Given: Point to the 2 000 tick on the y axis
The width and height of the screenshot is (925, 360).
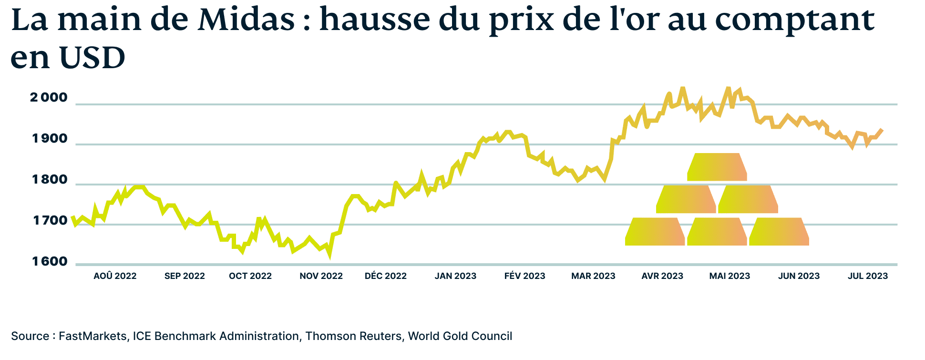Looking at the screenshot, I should tap(49, 98).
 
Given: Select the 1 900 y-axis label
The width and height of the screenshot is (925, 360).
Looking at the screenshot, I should tap(50, 139).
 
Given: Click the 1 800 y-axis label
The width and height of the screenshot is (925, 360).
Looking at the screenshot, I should tap(50, 180).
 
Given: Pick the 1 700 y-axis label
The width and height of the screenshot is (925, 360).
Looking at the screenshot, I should tap(50, 221).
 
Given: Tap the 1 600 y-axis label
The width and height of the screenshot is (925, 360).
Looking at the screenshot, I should tap(50, 262).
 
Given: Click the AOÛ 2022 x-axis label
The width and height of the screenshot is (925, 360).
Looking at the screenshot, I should tap(115, 276).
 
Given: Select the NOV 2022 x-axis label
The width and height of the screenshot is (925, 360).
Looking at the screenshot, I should tap(321, 276).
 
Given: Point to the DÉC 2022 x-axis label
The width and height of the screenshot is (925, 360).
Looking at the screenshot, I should tap(385, 276).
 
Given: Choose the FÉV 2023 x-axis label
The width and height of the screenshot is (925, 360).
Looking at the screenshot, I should tap(524, 276).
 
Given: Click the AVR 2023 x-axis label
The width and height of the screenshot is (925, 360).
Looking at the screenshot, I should tap(662, 276).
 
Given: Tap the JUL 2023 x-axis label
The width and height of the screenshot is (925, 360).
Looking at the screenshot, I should tap(867, 276).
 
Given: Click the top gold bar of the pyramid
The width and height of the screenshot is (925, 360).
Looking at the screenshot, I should tap(717, 167).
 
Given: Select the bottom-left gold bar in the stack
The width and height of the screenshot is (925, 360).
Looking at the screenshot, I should tap(655, 232).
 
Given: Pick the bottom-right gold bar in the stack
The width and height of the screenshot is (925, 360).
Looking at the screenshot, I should tap(779, 232).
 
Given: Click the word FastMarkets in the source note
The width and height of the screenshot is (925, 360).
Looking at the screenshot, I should tap(92, 336).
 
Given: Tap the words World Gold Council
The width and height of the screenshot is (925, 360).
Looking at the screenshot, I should tap(460, 336).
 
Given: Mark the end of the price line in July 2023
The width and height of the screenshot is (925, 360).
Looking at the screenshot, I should tap(882, 130).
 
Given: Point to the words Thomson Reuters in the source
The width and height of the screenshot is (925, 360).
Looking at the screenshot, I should tap(353, 336).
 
